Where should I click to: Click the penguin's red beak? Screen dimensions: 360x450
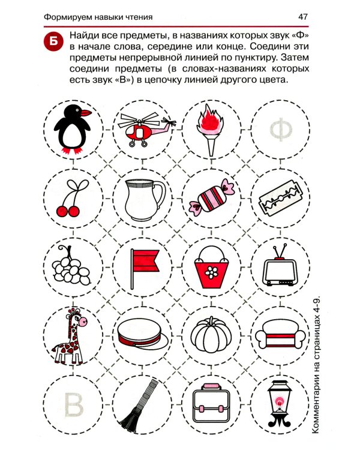click(86, 113)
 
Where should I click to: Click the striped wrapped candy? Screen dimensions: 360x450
click(212, 197)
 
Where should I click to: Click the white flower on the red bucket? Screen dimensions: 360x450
click(212, 272)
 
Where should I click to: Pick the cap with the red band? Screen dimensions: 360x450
click(143, 335)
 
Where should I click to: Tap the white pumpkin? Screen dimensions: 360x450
click(211, 335)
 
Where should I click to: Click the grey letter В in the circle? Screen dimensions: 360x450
click(73, 404)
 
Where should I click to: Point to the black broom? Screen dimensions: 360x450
click(139, 404)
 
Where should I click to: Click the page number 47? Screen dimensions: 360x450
click(303, 17)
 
